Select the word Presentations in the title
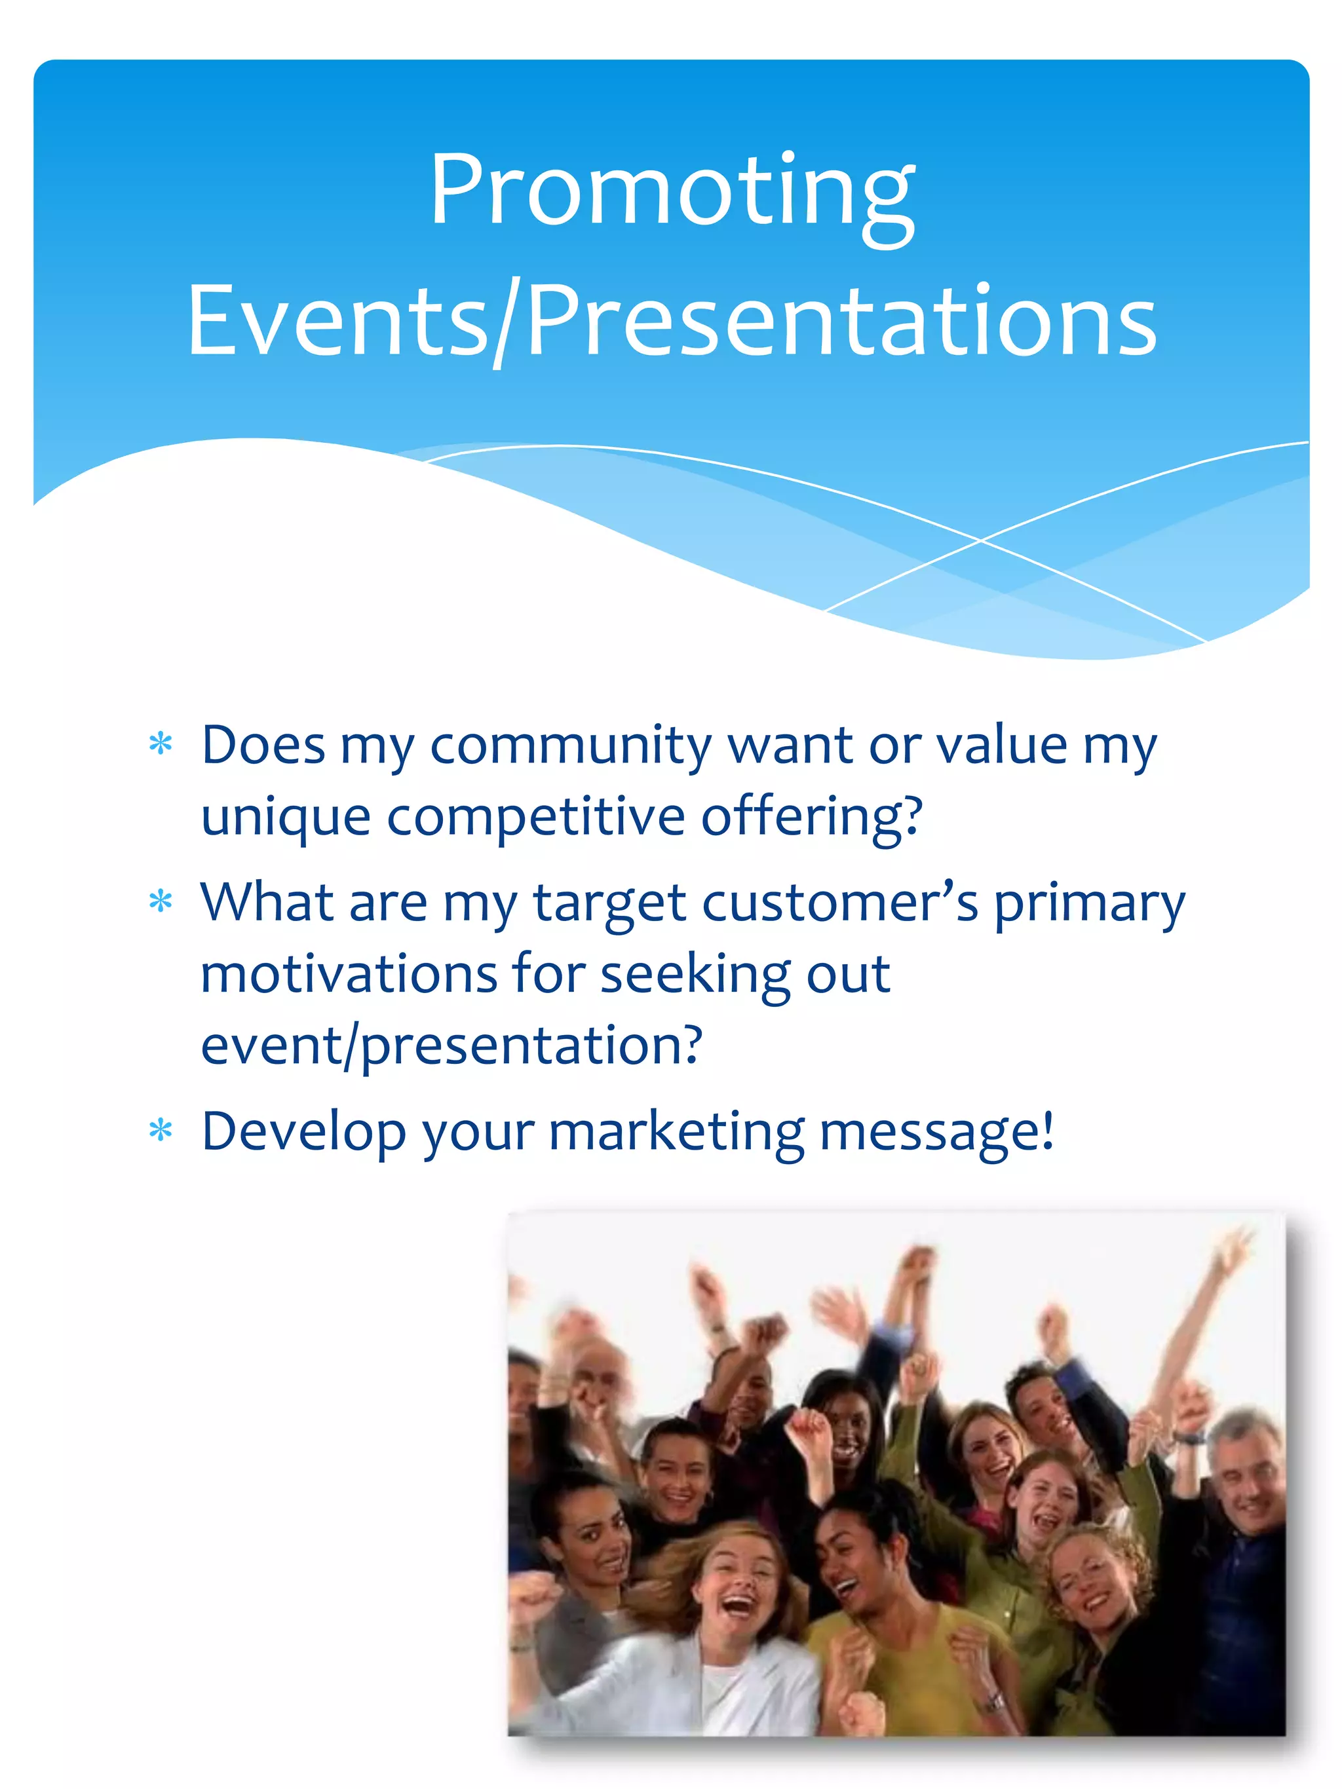pos(841,321)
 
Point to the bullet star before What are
pos(161,901)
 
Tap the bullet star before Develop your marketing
pos(161,1130)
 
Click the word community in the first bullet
pos(570,745)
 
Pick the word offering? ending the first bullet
pos(811,817)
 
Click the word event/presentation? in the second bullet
pos(451,1045)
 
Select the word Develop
pos(303,1132)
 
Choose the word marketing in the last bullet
pos(676,1132)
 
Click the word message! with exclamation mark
pos(937,1132)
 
